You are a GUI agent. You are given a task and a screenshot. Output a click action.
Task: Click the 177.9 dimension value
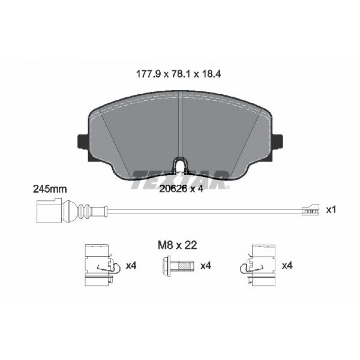[148, 74]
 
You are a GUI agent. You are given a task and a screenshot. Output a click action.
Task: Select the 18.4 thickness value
[211, 74]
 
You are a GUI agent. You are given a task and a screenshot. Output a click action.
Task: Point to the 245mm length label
[50, 189]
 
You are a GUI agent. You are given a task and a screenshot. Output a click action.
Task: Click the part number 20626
[174, 189]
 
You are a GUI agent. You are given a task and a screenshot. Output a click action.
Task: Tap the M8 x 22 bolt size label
[177, 245]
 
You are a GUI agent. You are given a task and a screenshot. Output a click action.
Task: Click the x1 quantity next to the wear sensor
[331, 210]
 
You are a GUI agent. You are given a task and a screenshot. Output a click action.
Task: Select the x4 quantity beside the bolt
[206, 266]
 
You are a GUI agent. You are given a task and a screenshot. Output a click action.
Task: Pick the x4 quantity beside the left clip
[131, 266]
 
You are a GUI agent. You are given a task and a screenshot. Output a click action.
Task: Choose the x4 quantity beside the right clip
[287, 266]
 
